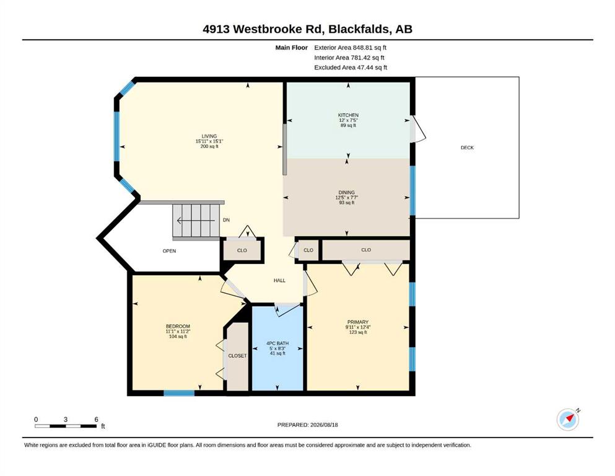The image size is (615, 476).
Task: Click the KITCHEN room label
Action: [x=348, y=115]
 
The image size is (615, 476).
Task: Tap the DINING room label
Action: [x=346, y=192]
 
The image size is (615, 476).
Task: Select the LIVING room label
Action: [x=209, y=136]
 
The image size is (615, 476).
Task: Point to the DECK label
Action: [x=467, y=148]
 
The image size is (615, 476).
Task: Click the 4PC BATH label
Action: [x=277, y=343]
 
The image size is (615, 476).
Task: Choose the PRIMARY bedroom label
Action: [x=358, y=322]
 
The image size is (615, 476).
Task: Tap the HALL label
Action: [x=279, y=280]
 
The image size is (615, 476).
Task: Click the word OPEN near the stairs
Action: [x=170, y=251]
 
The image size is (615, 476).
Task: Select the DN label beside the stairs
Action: [x=226, y=220]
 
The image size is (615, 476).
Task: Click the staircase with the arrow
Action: [x=196, y=221]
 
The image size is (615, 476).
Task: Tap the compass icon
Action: [x=568, y=419]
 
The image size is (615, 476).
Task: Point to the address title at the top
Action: [x=307, y=29]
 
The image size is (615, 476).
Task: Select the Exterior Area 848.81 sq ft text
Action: [x=351, y=48]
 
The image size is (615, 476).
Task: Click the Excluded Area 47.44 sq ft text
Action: [x=351, y=67]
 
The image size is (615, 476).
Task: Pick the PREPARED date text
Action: [x=307, y=425]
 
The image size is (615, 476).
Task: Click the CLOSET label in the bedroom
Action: [x=237, y=356]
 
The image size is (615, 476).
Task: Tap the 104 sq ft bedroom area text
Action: [x=178, y=337]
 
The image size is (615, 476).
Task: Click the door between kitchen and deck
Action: [x=417, y=129]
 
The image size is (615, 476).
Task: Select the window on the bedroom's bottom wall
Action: [x=179, y=393]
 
